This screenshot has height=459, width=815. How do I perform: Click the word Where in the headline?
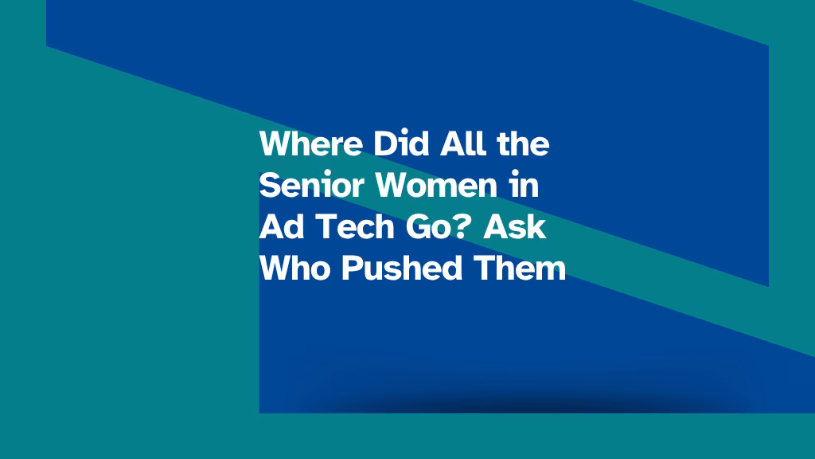point(311,143)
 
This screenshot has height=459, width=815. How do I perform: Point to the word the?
point(523,143)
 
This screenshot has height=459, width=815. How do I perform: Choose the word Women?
point(437,185)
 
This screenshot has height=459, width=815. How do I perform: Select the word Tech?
point(356,226)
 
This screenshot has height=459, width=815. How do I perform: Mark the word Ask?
point(515,226)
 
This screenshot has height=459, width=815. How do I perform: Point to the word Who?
point(294,268)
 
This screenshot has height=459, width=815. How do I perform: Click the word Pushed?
point(402,268)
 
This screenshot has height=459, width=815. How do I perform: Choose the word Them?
point(520,268)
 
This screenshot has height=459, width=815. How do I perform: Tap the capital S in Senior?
point(270,185)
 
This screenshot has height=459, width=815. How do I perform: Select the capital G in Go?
point(418,227)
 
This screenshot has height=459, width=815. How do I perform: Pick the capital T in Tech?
point(326,226)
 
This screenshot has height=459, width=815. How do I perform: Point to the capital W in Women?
point(393,185)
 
